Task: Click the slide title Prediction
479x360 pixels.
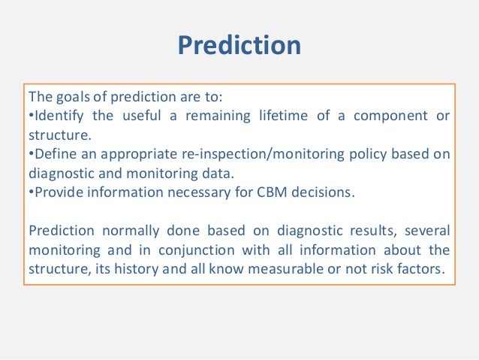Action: pyautogui.click(x=239, y=45)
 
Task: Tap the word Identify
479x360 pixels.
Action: pyautogui.click(x=59, y=116)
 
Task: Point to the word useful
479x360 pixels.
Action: pyautogui.click(x=141, y=116)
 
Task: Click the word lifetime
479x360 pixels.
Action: pyautogui.click(x=283, y=116)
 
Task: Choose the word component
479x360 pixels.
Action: pyautogui.click(x=390, y=116)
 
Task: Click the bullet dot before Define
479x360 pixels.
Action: pyautogui.click(x=31, y=153)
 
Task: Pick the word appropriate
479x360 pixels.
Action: pyautogui.click(x=139, y=155)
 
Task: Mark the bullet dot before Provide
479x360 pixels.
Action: pyautogui.click(x=31, y=192)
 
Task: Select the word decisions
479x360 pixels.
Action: pyautogui.click(x=323, y=192)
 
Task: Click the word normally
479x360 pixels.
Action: pyautogui.click(x=131, y=231)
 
